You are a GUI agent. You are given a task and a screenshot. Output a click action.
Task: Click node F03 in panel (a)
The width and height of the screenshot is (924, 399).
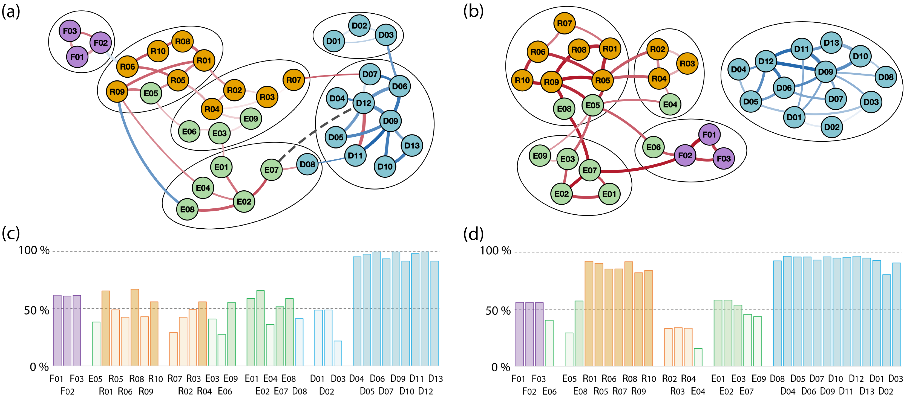(70, 31)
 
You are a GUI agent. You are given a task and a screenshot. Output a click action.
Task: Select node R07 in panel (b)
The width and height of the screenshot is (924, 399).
(564, 24)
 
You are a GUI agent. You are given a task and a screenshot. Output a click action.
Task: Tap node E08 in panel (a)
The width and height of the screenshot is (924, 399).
(187, 209)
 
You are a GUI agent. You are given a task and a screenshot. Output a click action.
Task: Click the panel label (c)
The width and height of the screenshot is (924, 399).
(11, 234)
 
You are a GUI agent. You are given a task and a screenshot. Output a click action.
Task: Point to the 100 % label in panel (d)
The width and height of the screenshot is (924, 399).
(495, 251)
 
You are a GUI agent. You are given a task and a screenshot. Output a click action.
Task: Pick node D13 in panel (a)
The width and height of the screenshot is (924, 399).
(411, 145)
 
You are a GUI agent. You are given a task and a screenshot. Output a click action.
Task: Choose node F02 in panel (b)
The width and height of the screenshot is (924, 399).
(685, 155)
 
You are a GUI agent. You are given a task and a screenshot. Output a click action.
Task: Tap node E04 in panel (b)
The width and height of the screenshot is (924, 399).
(670, 104)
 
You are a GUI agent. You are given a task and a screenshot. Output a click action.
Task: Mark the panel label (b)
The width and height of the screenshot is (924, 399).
(473, 11)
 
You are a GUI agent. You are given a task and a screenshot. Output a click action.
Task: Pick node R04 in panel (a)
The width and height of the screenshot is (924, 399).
(212, 109)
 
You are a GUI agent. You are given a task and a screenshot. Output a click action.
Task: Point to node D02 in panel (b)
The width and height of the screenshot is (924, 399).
(832, 127)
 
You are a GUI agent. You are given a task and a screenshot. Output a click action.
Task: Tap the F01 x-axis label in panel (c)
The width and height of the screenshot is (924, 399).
(56, 378)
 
